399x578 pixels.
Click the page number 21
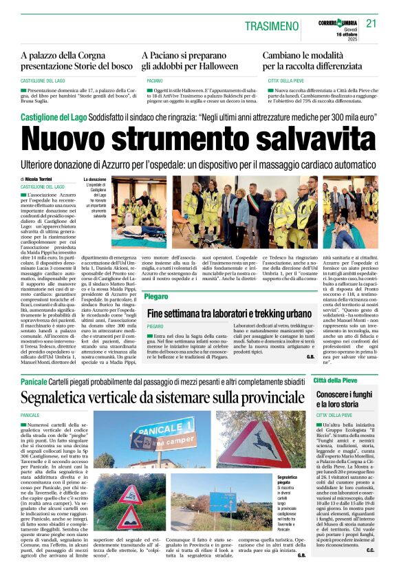click(371, 23)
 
